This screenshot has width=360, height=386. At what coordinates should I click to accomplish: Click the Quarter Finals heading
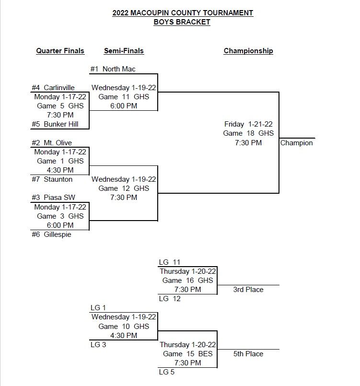[x=60, y=51]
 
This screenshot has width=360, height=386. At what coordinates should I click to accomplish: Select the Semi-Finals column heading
[x=124, y=51]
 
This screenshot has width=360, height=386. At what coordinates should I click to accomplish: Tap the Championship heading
[x=248, y=51]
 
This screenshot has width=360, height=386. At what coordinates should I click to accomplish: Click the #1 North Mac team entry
[x=113, y=69]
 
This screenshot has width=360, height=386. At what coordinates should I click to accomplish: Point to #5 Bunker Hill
[x=55, y=124]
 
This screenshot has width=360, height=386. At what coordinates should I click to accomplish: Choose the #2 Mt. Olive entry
[x=52, y=143]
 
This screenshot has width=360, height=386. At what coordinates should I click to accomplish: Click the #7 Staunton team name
[x=52, y=179]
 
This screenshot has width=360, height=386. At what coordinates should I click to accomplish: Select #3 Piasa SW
[x=53, y=198]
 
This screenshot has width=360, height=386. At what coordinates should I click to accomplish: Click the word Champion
[x=296, y=143]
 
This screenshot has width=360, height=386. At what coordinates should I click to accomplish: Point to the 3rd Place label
[x=248, y=290]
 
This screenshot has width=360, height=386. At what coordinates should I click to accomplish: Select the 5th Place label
[x=248, y=354]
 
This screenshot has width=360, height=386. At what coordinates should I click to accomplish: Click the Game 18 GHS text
[x=248, y=133]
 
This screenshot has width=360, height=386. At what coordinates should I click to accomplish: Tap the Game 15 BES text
[x=188, y=354]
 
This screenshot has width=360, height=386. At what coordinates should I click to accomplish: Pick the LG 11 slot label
[x=169, y=262]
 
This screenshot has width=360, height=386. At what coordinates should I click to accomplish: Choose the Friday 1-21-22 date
[x=248, y=124]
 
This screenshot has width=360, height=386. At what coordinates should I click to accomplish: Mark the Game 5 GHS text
[x=60, y=106]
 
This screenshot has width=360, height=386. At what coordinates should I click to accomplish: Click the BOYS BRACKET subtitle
[x=182, y=22]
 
